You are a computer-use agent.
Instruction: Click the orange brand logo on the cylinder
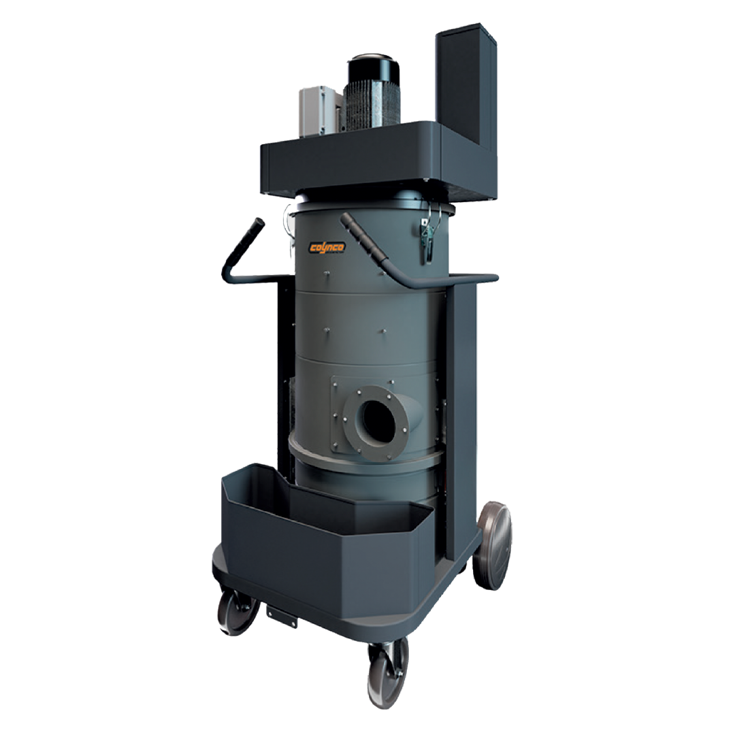click(327, 247)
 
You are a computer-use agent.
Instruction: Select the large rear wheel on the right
click(493, 545)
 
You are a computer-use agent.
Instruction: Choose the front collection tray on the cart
click(320, 538)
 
